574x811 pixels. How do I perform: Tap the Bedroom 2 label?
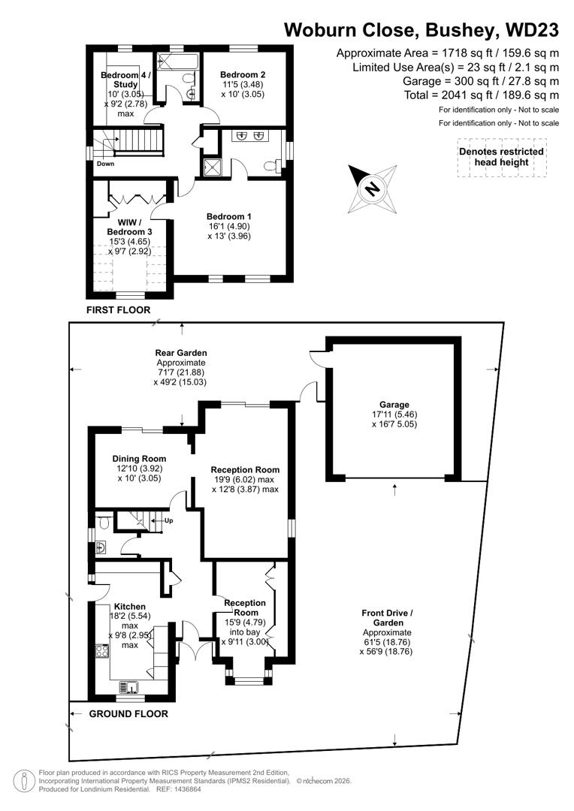tap(243, 75)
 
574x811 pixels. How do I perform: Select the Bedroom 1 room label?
tap(229, 216)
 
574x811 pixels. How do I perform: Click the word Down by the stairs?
tap(105, 164)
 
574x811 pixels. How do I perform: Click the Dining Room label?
tap(139, 459)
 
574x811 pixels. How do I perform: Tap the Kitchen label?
tap(129, 607)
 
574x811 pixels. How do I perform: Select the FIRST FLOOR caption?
tap(118, 310)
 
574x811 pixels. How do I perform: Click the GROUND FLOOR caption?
tap(128, 714)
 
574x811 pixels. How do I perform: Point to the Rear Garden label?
tap(180, 352)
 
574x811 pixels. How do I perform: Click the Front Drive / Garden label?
tap(387, 618)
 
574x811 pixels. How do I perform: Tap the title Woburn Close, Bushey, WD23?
tap(421, 30)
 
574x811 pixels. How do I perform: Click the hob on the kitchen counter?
tap(100, 651)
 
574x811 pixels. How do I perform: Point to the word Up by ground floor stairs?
tap(168, 520)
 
